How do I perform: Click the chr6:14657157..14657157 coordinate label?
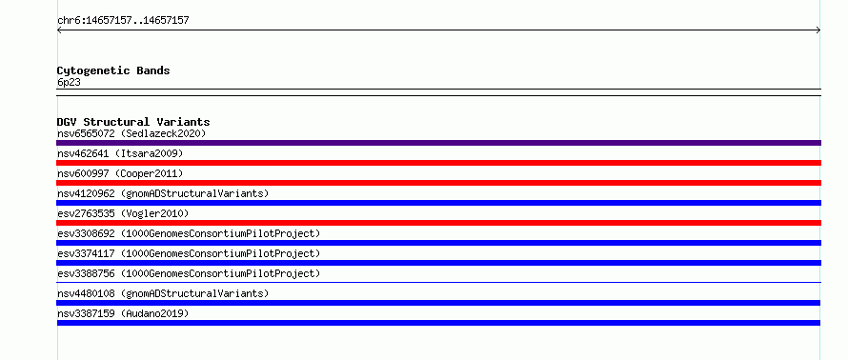[123, 21]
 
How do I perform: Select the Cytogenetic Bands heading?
[113, 70]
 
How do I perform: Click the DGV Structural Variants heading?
[133, 122]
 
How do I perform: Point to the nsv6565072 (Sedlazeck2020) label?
[131, 133]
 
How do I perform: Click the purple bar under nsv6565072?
[438, 143]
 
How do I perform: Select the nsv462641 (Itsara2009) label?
[120, 153]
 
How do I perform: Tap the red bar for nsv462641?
[438, 163]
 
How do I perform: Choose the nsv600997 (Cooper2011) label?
[120, 173]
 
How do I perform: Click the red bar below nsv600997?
[438, 183]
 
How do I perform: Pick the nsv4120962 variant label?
[163, 193]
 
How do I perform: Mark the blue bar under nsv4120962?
[438, 203]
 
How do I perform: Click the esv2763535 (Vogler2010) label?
[123, 213]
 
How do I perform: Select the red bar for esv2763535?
[438, 223]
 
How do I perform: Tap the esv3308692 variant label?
[189, 233]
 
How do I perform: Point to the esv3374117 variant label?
[189, 253]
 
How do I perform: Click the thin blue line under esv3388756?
[438, 282]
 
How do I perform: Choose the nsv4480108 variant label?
[163, 293]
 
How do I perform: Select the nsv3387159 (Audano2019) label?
[123, 313]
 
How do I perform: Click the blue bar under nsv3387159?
[438, 323]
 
